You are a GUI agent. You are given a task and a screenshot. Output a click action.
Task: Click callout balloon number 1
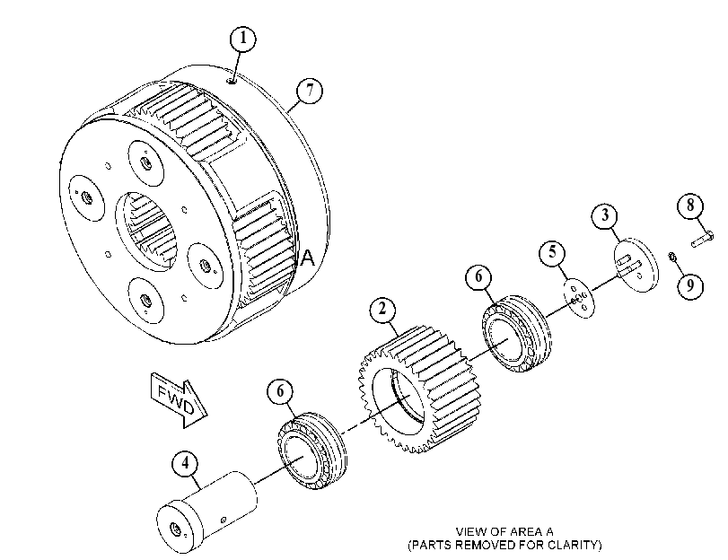(243, 39)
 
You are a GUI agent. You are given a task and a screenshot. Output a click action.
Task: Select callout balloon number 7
(310, 90)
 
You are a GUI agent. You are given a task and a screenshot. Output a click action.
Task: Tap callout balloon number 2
(382, 309)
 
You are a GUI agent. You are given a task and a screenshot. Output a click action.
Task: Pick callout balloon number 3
(605, 215)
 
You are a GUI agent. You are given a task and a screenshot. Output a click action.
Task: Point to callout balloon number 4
(185, 463)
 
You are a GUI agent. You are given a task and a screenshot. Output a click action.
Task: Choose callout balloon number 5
(552, 252)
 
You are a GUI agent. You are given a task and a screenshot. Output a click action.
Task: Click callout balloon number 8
(690, 205)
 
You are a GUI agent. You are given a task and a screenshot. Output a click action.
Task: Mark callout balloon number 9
(690, 284)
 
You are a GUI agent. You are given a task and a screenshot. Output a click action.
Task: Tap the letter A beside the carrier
(308, 258)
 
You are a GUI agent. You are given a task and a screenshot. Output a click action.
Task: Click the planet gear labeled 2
(419, 389)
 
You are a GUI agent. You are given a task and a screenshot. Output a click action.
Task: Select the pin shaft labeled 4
(206, 512)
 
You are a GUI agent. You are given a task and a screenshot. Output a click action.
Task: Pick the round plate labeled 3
(636, 266)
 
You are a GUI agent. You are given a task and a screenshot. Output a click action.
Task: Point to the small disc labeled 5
(578, 298)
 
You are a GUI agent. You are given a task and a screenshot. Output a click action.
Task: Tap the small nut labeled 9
(671, 256)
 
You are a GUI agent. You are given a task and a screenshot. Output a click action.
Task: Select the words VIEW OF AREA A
(504, 531)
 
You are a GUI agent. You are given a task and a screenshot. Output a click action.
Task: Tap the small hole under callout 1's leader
(232, 82)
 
